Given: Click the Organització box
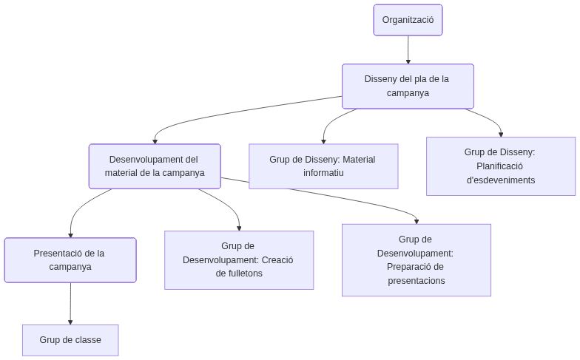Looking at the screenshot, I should (x=408, y=20).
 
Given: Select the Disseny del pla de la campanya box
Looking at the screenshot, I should (x=408, y=86).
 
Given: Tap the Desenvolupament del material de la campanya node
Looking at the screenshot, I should (x=155, y=166).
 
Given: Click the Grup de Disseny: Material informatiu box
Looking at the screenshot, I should (x=323, y=166).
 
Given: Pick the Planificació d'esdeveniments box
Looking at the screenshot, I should (x=500, y=166).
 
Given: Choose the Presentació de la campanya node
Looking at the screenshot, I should (x=70, y=260).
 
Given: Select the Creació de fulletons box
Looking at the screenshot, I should (x=239, y=259).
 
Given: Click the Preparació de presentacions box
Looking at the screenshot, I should (x=416, y=260).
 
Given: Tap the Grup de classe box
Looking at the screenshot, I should (x=70, y=340).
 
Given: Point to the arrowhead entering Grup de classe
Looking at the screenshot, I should (x=70, y=321).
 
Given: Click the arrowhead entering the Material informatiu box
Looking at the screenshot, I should (x=323, y=140).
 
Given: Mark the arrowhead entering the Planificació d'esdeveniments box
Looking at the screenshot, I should (x=501, y=134).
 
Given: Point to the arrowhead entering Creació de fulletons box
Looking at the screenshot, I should (x=239, y=228).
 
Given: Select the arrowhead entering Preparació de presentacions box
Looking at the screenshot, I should (x=417, y=220).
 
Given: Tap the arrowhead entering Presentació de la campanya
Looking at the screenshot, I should (x=70, y=234).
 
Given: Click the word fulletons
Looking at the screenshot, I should (x=239, y=274).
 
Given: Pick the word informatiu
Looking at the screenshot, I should (x=323, y=173).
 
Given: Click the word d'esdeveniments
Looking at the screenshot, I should (x=500, y=180).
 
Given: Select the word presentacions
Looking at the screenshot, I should (x=416, y=281).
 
